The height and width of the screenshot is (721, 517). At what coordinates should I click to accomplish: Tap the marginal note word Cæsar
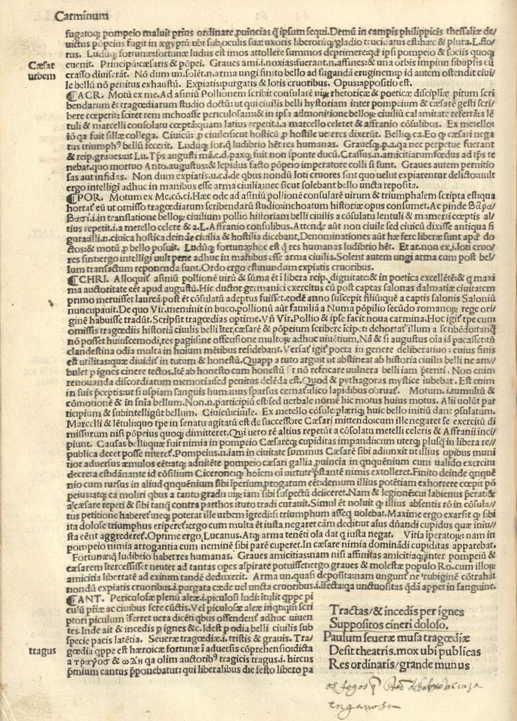coord(42,66)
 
